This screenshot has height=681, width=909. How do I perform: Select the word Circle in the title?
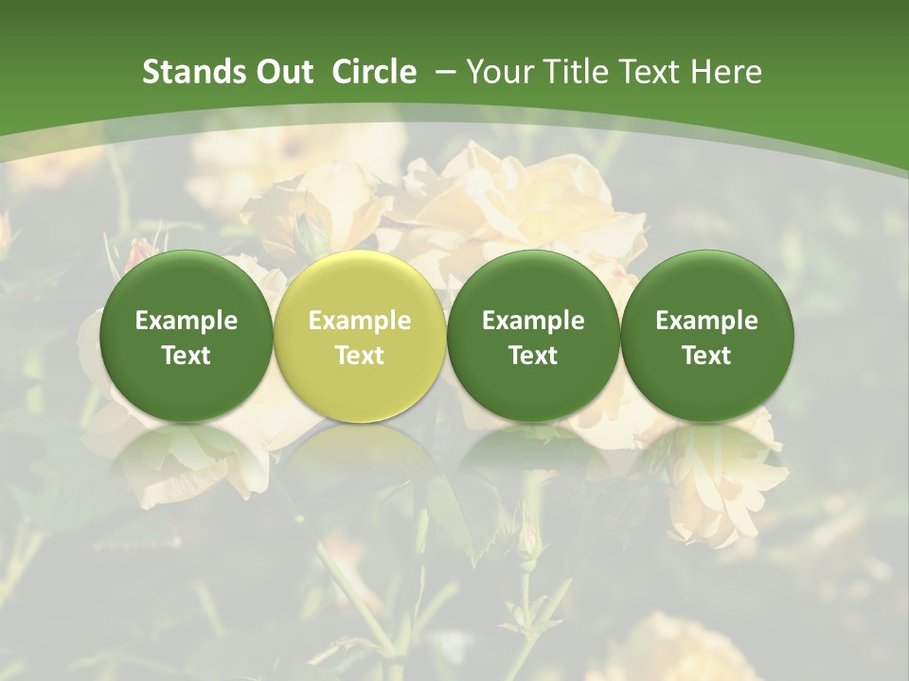374,73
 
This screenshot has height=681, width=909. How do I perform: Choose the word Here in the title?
726,73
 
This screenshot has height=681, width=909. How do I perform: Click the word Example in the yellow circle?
360,321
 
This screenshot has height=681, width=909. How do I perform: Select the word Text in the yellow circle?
360,356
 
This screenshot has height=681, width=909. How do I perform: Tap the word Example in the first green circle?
187,321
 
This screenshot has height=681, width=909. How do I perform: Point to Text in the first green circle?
187,356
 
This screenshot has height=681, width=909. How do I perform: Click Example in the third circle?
533,321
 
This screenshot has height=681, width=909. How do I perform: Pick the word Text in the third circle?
533,356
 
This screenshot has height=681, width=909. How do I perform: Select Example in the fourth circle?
706,321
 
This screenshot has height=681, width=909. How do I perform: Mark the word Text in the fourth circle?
706,356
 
